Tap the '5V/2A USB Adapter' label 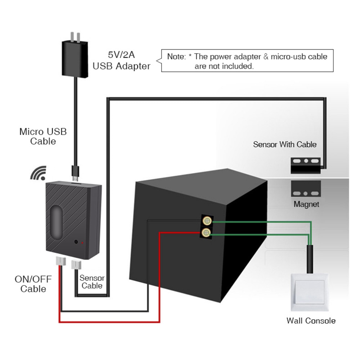122,61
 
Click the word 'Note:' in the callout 176,57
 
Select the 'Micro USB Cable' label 43,136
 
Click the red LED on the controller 82,243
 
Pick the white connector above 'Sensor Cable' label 77,266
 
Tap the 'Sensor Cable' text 92,282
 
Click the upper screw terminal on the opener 207,220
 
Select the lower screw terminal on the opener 207,233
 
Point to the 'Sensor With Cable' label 284,144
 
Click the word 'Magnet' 306,204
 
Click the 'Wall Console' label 311,320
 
